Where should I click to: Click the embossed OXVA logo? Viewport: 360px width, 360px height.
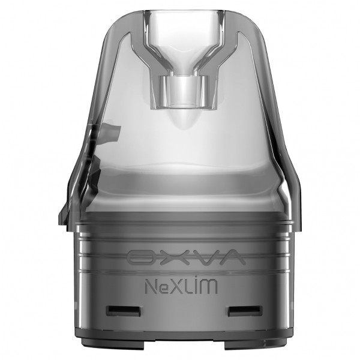coord(186,257)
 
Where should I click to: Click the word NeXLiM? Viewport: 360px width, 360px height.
coord(181,286)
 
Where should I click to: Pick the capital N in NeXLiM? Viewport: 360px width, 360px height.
coord(151,287)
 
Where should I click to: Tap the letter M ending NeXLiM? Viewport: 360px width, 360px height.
coord(209,287)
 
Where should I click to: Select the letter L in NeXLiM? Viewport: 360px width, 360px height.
coord(189,287)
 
